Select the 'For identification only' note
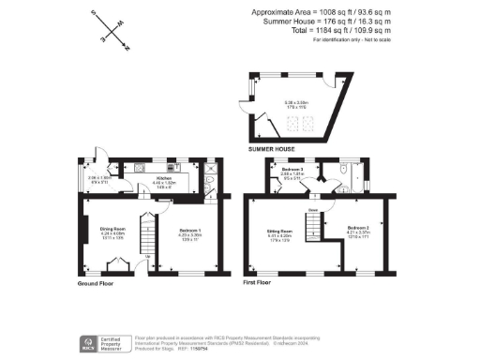pyautogui.click(x=352, y=41)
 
